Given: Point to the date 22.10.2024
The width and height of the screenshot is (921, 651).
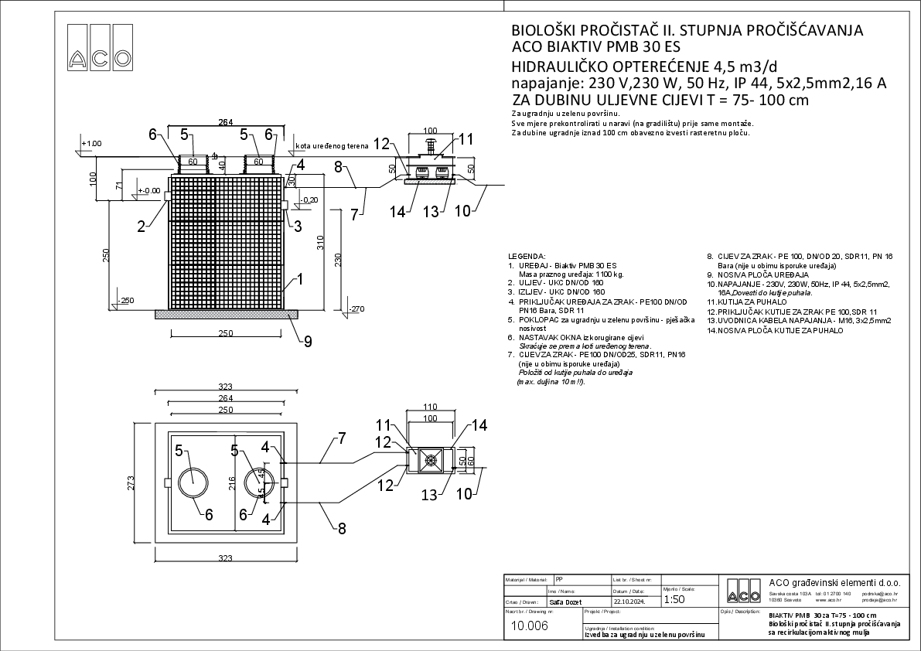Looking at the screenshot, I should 629,602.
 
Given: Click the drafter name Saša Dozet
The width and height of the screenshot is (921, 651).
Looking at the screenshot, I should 565,602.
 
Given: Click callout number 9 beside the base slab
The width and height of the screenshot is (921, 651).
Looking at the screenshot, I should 307,340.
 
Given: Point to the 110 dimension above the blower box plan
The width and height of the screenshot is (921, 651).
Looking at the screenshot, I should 431,406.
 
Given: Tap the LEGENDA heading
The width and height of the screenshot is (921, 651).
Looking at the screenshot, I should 527,255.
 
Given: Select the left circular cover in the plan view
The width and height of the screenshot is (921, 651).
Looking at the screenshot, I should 193,482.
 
